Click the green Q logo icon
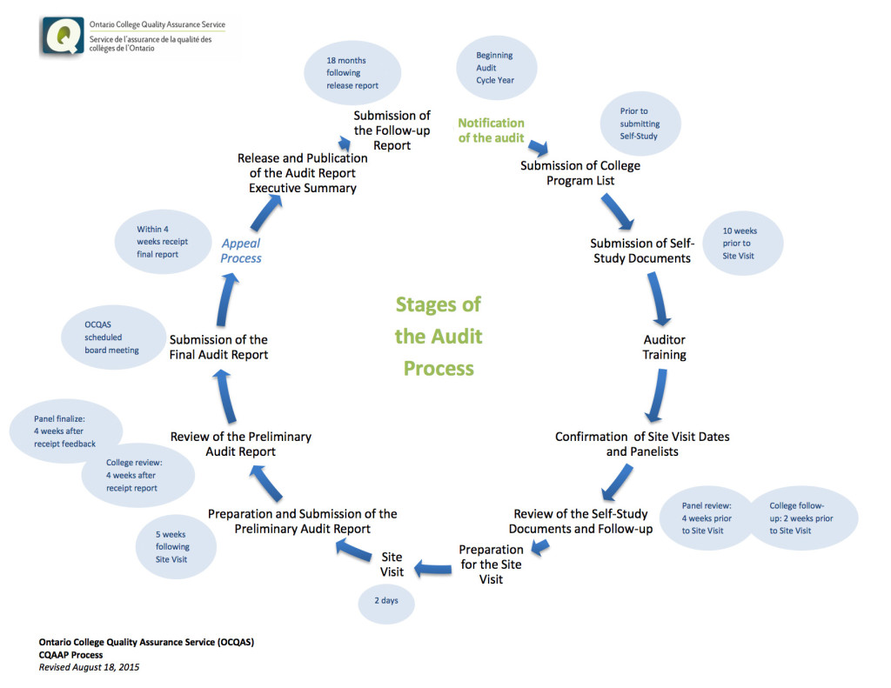pyautogui.click(x=62, y=37)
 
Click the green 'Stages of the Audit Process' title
pyautogui.click(x=439, y=336)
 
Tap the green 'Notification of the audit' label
pyautogui.click(x=492, y=130)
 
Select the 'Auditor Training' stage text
pyautogui.click(x=665, y=347)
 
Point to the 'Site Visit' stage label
pyautogui.click(x=392, y=564)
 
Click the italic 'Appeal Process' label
pyautogui.click(x=241, y=250)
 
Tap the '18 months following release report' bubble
pyautogui.click(x=352, y=73)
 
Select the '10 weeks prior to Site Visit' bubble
pyautogui.click(x=742, y=244)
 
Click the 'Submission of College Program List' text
pyautogui.click(x=580, y=173)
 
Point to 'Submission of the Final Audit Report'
pyautogui.click(x=218, y=347)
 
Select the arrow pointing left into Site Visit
pyautogui.click(x=433, y=569)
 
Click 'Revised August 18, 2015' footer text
pyautogui.click(x=89, y=667)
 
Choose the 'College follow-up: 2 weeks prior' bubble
pyautogui.click(x=802, y=518)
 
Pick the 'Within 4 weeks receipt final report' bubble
pyautogui.click(x=162, y=242)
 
